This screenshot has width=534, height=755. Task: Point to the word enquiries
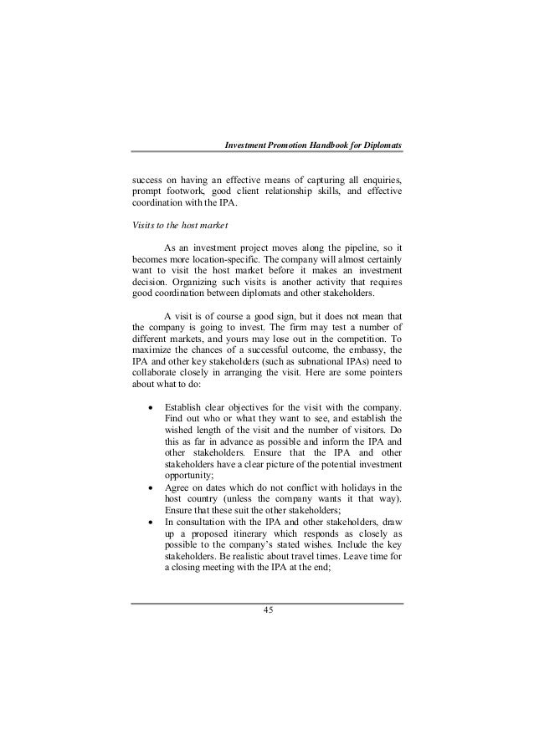(383, 179)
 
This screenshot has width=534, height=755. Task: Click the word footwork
(188, 192)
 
